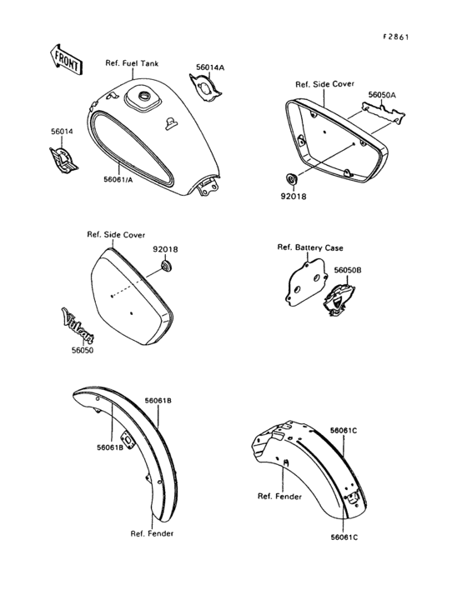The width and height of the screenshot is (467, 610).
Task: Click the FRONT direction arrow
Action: (66, 60)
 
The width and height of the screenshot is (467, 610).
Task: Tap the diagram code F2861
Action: (396, 37)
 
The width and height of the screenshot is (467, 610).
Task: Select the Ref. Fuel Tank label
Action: (132, 63)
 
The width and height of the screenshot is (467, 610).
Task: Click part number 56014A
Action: (210, 67)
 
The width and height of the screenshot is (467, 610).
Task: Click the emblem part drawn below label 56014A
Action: (205, 88)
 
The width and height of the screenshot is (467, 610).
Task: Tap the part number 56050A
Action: (382, 94)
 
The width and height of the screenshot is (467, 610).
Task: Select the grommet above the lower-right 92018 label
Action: (291, 179)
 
